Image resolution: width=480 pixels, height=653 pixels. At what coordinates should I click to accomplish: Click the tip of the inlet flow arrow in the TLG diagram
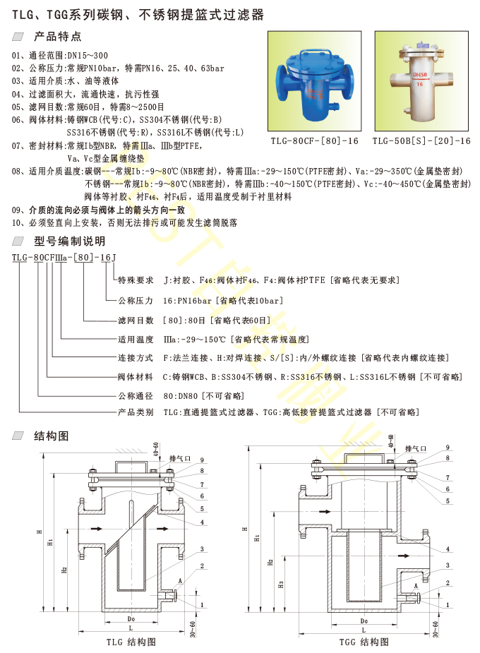pos(102,529)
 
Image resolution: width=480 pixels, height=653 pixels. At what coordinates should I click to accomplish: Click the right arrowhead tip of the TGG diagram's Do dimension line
pos(396,625)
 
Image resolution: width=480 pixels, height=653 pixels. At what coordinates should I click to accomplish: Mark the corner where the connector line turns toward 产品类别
pos(19,412)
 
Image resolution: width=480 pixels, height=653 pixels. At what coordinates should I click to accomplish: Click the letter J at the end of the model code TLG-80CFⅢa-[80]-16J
pos(114,258)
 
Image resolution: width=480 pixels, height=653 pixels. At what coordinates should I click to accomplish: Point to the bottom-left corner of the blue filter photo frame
pos(268,131)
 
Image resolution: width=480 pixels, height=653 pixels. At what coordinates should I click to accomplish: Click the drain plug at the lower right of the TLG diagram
pos(172,596)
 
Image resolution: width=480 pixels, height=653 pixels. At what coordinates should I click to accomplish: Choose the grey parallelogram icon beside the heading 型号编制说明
pos(18,241)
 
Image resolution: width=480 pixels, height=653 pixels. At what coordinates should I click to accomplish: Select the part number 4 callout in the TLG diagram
pos(202,522)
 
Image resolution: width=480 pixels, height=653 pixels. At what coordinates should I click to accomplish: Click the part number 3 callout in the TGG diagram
pos(448,565)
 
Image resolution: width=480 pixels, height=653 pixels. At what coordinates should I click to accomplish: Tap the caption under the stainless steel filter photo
pos(421,140)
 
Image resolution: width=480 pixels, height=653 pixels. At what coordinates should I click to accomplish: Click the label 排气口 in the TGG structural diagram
pos(416,449)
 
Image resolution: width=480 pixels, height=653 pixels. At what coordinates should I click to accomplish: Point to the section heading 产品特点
pos(57,37)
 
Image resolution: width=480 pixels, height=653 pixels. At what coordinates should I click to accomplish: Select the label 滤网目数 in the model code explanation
pos(136,320)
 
